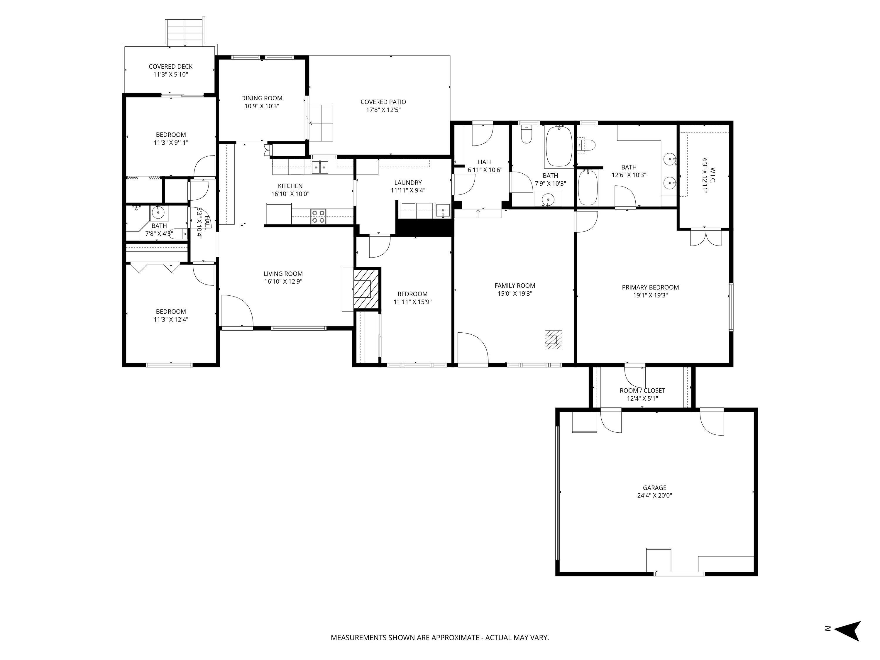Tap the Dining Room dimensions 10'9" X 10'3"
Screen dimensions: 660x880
point(262,106)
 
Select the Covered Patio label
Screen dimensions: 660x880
point(383,102)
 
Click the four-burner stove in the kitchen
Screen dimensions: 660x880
point(318,216)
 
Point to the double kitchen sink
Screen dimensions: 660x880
point(320,167)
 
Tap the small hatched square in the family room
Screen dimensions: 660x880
point(554,339)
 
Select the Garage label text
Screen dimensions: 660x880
point(654,487)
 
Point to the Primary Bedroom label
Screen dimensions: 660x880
point(650,287)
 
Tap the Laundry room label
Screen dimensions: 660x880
point(408,183)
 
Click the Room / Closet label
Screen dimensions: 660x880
point(642,391)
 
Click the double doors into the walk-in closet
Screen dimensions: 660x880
point(705,238)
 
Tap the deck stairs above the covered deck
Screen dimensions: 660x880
point(185,32)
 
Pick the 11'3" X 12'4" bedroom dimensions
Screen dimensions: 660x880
point(171,319)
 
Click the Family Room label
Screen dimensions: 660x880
point(515,286)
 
